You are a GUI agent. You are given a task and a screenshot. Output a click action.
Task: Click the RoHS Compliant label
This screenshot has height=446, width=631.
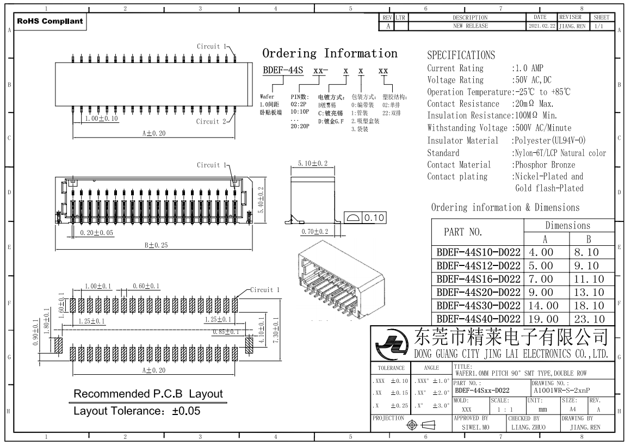pos(50,22)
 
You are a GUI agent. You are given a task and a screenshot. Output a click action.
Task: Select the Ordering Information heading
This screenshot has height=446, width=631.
pos(330,54)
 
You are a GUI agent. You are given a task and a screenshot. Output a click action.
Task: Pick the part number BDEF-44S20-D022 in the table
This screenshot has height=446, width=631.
pos(478,293)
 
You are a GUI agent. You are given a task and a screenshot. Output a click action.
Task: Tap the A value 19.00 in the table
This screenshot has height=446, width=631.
pos(544,319)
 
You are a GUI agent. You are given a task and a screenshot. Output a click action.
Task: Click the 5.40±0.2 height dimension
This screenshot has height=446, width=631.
pos(261,200)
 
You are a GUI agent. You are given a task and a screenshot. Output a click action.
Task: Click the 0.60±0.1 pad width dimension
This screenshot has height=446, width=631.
pos(146,286)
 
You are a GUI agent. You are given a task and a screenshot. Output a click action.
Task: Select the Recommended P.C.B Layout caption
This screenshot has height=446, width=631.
pos(148,393)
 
